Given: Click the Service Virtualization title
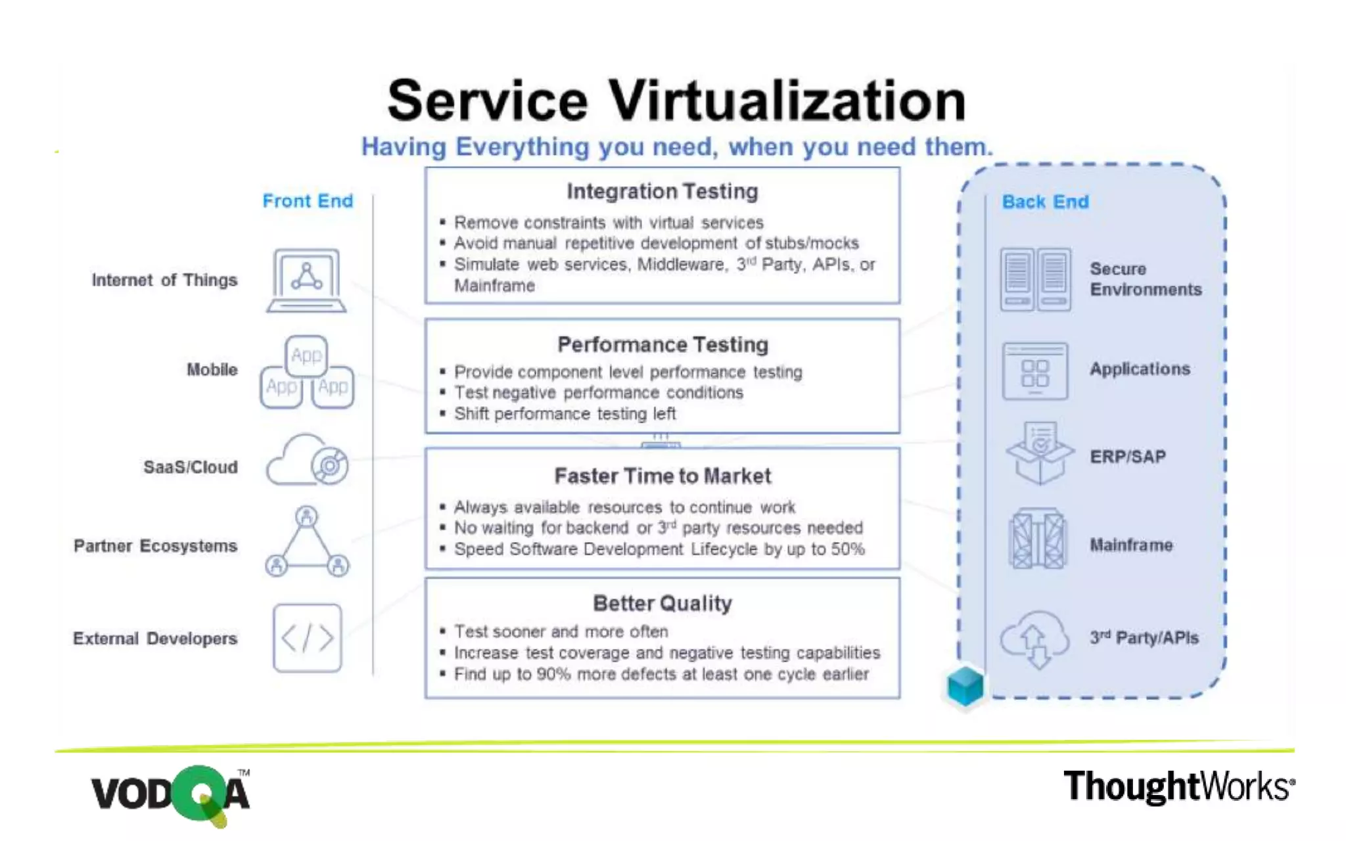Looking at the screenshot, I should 676,100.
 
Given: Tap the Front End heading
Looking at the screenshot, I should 308,200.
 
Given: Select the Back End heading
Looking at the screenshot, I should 1045,201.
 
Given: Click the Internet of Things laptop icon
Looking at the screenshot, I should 306,281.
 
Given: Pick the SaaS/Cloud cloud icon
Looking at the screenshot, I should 307,461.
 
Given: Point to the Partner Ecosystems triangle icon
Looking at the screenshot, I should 307,544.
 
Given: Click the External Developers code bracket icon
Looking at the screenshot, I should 307,638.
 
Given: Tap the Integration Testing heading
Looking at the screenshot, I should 662,191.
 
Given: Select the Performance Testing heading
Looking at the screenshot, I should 662,344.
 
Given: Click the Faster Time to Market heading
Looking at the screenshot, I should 662,476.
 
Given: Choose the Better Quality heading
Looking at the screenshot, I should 662,603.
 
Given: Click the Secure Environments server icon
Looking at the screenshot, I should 1035,279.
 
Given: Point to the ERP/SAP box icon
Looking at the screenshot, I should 1039,453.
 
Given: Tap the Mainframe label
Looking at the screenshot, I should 1131,545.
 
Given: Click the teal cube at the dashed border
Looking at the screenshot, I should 965,686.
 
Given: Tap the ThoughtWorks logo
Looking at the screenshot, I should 1179,786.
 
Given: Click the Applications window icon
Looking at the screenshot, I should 1035,371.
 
